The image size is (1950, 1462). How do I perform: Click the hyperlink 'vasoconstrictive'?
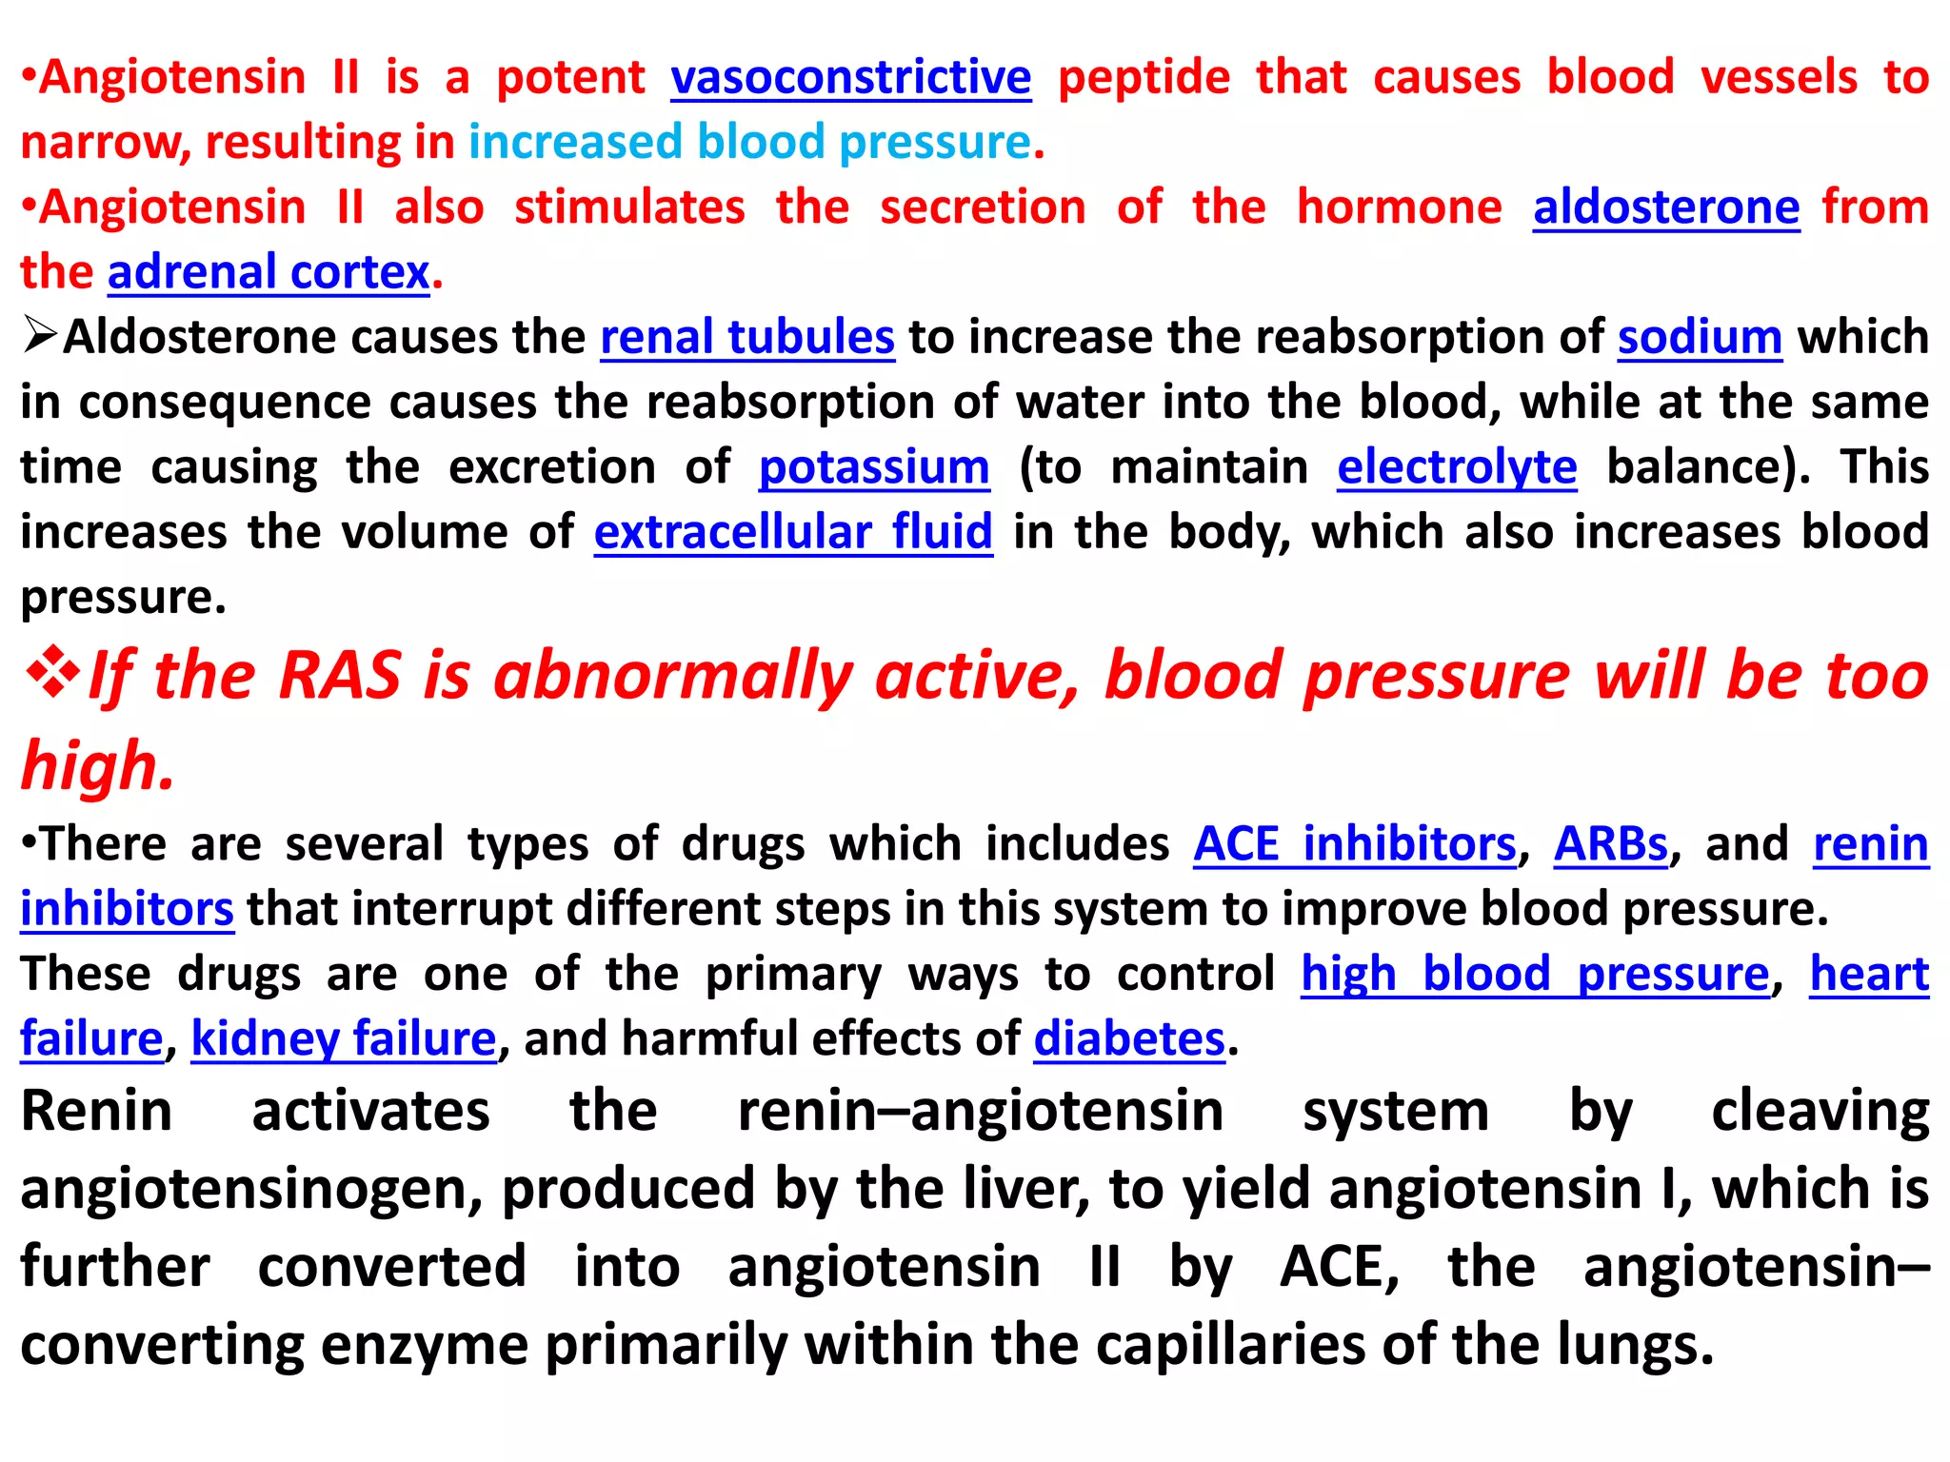pyautogui.click(x=850, y=77)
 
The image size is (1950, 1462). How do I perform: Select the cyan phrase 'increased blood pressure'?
pyautogui.click(x=750, y=142)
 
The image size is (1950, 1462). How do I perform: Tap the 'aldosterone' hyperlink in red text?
pyautogui.click(x=1665, y=207)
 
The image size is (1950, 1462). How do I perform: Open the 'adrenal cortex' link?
pyautogui.click(x=269, y=272)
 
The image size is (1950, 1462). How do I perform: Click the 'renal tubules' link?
pyautogui.click(x=747, y=337)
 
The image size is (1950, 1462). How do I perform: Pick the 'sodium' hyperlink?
pyautogui.click(x=1700, y=337)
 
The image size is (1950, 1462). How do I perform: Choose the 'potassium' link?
pyautogui.click(x=874, y=467)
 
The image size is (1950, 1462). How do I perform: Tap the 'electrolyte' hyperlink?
pyautogui.click(x=1457, y=467)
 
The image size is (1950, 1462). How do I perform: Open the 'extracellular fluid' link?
pyautogui.click(x=793, y=531)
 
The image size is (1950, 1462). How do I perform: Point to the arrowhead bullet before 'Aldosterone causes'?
pyautogui.click(x=41, y=336)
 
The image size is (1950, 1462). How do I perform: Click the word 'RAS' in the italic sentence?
pyautogui.click(x=339, y=676)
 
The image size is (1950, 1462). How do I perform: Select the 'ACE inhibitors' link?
pyautogui.click(x=1354, y=844)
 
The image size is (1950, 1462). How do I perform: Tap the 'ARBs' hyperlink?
pyautogui.click(x=1611, y=844)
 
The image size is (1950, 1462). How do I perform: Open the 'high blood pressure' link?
pyautogui.click(x=1535, y=974)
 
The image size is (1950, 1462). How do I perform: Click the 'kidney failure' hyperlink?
pyautogui.click(x=344, y=1038)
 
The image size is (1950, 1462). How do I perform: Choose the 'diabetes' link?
pyautogui.click(x=1129, y=1038)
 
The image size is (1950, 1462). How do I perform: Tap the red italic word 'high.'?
pyautogui.click(x=98, y=766)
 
